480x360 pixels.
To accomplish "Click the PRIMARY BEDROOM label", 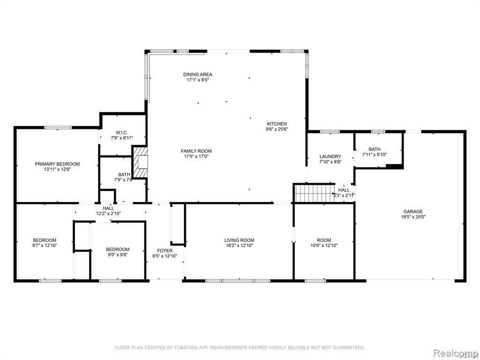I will (x=57, y=164).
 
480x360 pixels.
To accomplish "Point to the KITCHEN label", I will (x=277, y=124).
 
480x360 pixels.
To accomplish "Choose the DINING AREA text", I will (x=197, y=75).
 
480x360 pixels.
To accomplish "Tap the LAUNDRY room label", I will (x=330, y=157).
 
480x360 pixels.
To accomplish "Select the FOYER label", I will (x=165, y=251).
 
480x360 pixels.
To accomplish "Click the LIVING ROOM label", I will (x=239, y=240).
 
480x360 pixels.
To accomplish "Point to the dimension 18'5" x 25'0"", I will (x=413, y=217).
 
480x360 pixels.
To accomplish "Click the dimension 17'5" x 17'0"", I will (x=196, y=157).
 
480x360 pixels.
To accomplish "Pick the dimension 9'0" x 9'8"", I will (x=118, y=255).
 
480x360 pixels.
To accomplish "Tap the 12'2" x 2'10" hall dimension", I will (x=108, y=214).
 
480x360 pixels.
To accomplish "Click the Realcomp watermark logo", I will (x=455, y=352).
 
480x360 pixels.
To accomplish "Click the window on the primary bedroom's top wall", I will (x=58, y=127).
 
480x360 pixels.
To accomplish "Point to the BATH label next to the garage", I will (x=375, y=149).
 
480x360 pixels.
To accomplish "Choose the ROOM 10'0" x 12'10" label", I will (x=324, y=240).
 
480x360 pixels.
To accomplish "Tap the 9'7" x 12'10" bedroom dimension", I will (x=45, y=245).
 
